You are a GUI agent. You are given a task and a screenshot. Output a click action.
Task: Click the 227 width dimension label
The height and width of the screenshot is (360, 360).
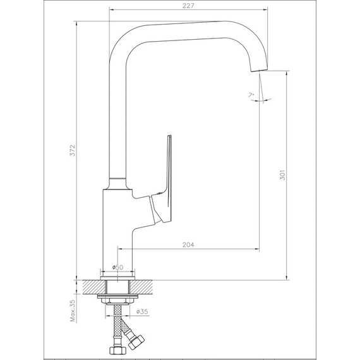point(188,6)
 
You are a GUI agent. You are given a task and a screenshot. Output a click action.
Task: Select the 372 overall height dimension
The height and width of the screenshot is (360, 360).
point(73,150)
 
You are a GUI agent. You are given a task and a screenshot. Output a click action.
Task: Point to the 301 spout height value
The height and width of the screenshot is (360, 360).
point(282,175)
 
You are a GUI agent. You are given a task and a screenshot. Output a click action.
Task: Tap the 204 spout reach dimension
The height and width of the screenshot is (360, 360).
point(188,245)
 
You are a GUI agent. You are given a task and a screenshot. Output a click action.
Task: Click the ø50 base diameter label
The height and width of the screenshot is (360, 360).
point(117,267)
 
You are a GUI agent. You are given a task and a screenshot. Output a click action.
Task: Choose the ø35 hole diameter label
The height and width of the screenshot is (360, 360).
point(142,311)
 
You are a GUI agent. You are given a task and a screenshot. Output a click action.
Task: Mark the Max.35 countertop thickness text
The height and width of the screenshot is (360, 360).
point(73,311)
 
